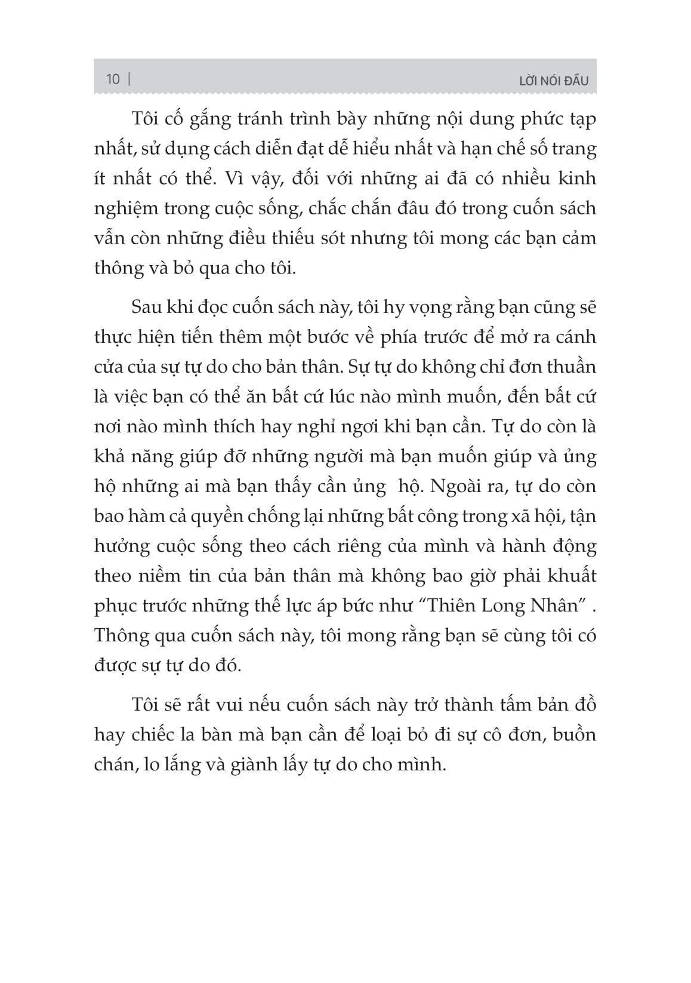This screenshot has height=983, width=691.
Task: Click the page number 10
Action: (x=113, y=79)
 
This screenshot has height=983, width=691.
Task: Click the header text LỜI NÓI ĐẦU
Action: (x=554, y=80)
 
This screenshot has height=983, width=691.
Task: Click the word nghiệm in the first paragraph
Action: (x=123, y=209)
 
